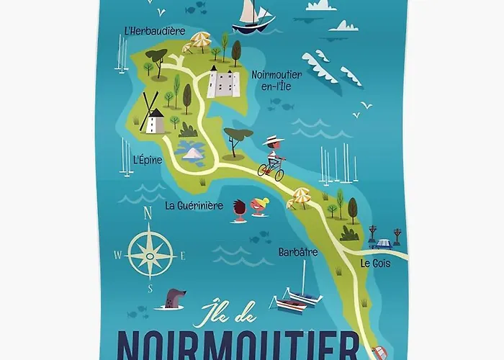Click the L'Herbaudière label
click(x=154, y=31)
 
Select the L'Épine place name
click(x=148, y=160)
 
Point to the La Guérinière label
click(x=194, y=205)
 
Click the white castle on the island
click(x=222, y=82)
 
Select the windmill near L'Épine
click(x=153, y=115)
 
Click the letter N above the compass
click(x=148, y=212)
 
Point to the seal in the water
click(x=174, y=298)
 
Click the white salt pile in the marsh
click(x=192, y=152)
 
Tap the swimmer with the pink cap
click(x=259, y=207)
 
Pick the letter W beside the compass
click(x=117, y=255)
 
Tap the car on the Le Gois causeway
click(x=382, y=243)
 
